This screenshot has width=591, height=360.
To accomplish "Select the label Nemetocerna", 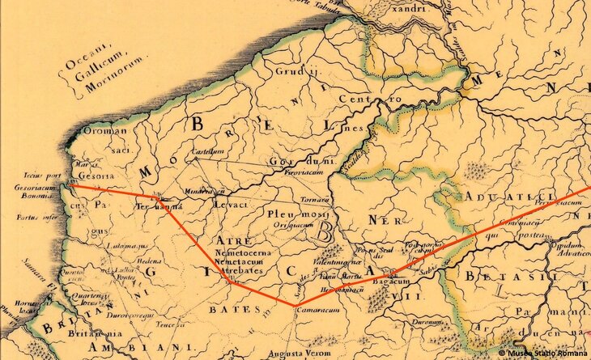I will [243, 255].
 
